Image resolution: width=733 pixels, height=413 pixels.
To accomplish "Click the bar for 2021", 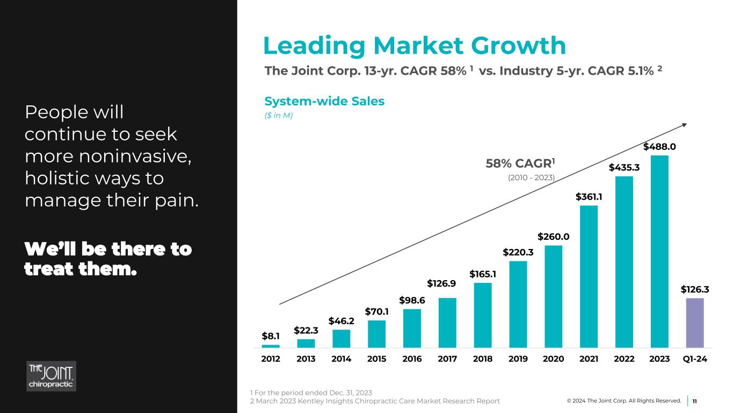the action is pos(589,276).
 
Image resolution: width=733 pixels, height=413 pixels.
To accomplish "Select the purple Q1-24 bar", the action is pos(695,323).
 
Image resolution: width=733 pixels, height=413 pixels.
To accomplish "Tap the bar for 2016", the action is pos(412,328).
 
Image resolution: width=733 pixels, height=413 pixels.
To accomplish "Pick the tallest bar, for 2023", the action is pos(659,252).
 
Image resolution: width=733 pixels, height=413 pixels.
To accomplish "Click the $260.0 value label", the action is pos(553,236).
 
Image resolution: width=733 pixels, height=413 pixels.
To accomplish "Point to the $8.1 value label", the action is pos(271,336).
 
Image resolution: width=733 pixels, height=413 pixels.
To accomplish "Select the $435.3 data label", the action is pos(624,167).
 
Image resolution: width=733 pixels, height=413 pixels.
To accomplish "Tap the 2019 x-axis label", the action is pos(518,359).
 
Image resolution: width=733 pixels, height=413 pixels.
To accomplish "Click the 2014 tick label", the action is pos(342,359).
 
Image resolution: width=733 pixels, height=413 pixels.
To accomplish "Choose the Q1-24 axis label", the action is pos(695,359).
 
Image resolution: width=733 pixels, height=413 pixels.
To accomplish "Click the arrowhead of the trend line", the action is pos(685,125).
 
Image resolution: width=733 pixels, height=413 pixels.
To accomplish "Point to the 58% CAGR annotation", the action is pos(520,163).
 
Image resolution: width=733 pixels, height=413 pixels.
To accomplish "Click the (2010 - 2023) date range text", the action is pos(531,177).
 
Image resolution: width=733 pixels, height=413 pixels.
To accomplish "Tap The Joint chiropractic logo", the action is pos(51,376).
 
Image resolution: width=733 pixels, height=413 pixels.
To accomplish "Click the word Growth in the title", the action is pos(518,46).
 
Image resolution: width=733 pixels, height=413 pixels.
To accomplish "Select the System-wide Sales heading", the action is pos(324,101).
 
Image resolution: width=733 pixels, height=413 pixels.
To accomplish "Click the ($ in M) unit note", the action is pos(279,116).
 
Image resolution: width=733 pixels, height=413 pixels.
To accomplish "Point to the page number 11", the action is pos(694,401).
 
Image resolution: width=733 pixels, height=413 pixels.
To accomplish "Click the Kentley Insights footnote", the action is pos(375,401).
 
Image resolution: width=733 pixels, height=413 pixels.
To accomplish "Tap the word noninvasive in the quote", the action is pos(135,156).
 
